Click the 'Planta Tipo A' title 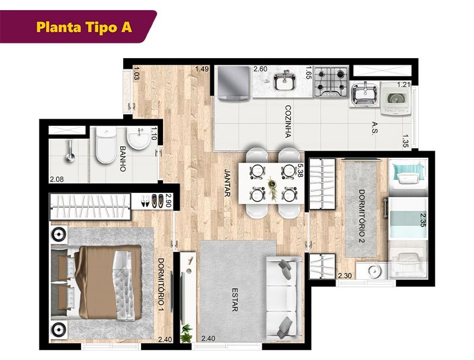[x=84, y=27]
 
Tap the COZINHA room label [x=288, y=122]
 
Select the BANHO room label [x=123, y=159]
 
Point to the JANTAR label [x=228, y=183]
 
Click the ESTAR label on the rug [x=235, y=300]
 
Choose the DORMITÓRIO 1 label [x=161, y=286]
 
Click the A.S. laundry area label [x=375, y=129]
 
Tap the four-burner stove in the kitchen [x=331, y=82]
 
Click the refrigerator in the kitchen [x=233, y=84]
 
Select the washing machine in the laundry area [x=396, y=98]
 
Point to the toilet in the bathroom [x=105, y=145]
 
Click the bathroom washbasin [x=139, y=138]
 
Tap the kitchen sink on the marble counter [x=284, y=81]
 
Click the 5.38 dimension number [x=300, y=170]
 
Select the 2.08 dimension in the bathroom [x=57, y=179]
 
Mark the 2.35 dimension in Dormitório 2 [x=423, y=219]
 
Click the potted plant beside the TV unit [x=186, y=333]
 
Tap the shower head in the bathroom [x=71, y=151]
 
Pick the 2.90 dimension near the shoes [x=168, y=200]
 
